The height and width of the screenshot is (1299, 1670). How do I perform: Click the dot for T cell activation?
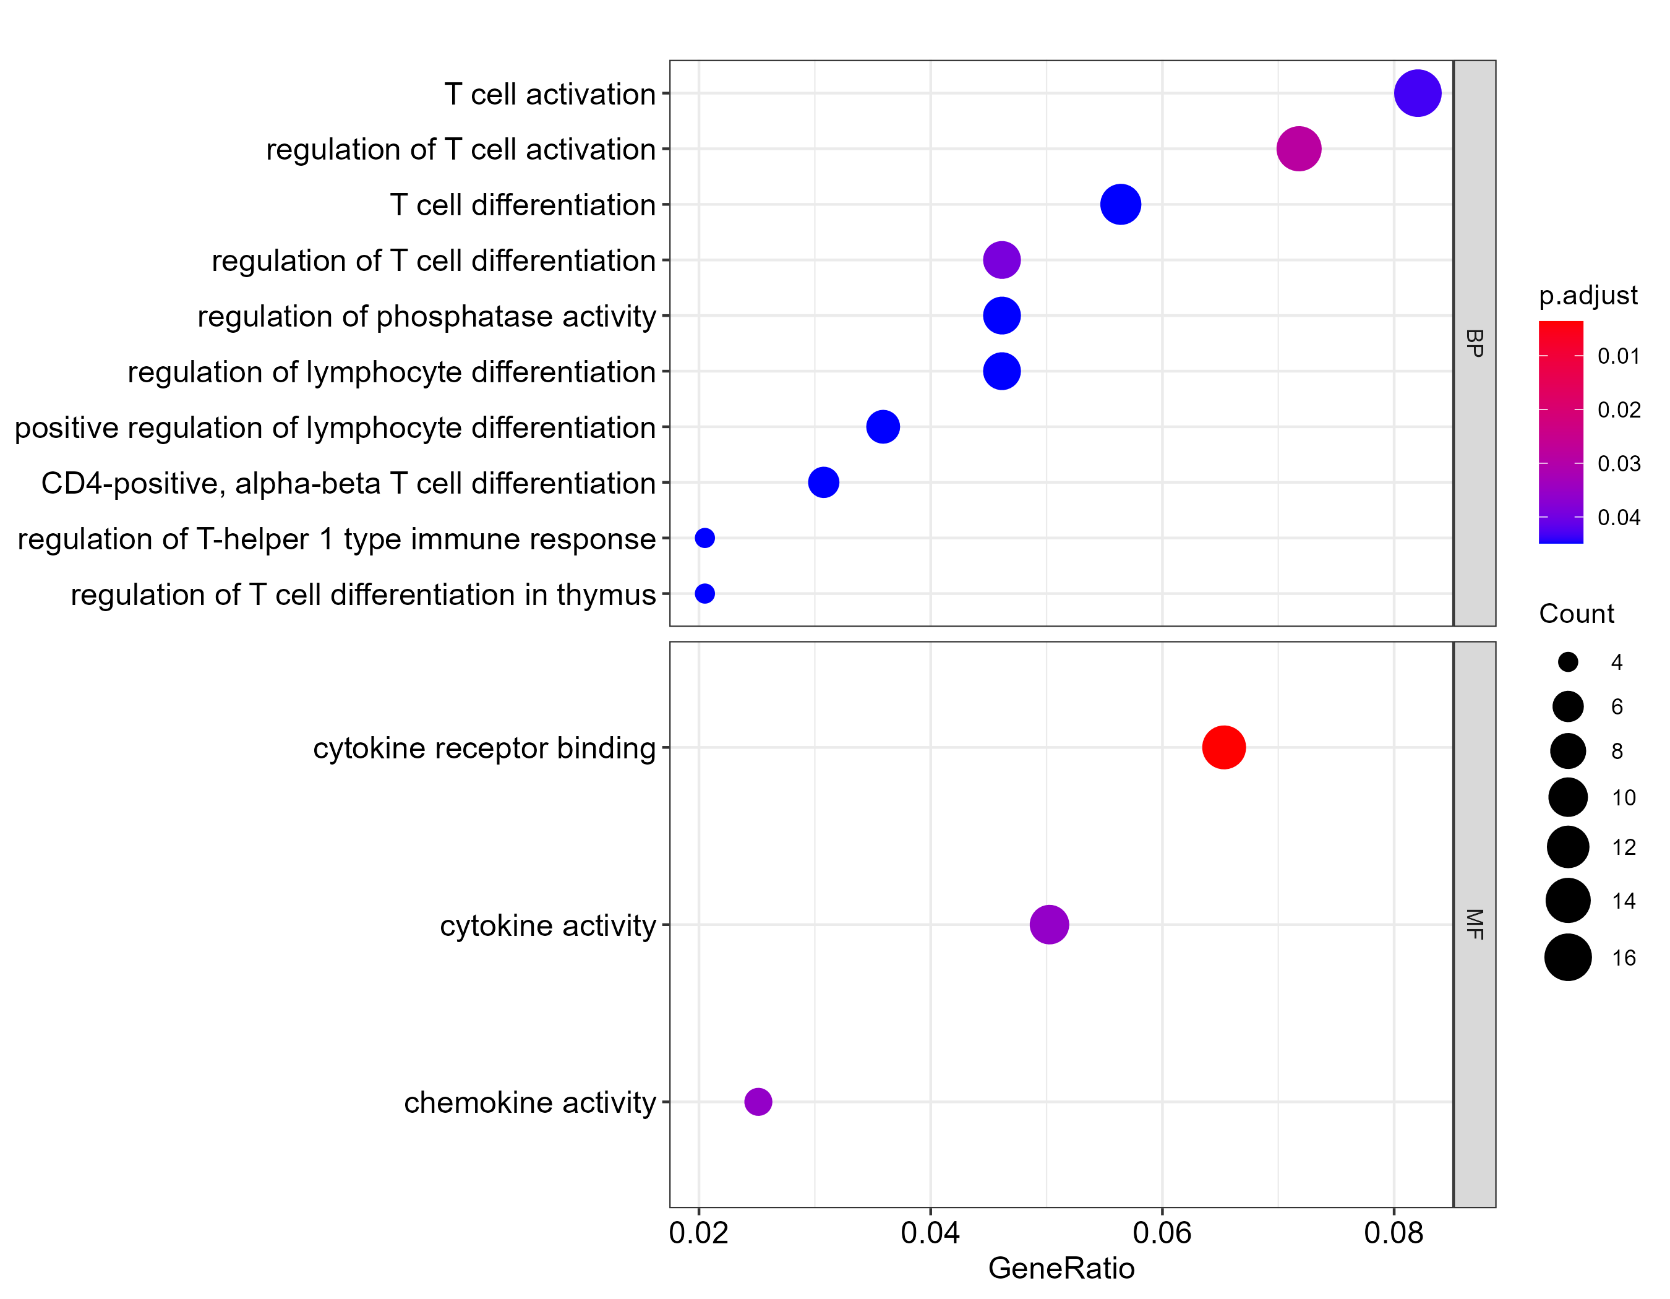(1417, 93)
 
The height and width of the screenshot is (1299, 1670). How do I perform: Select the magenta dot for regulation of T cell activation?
(1298, 149)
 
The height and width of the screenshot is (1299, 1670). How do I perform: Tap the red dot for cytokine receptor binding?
(1223, 747)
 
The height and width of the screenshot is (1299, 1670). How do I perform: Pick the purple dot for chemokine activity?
(758, 1102)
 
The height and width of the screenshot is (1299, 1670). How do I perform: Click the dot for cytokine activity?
(1048, 924)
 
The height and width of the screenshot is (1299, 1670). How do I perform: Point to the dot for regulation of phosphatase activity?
(1001, 315)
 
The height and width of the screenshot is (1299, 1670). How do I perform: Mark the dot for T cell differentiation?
(1120, 204)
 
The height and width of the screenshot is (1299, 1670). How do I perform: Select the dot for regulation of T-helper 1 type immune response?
(704, 538)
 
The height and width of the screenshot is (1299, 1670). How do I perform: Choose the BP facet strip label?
(1475, 343)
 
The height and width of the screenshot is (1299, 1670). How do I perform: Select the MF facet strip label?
(1475, 924)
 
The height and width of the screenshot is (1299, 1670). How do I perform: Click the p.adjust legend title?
(1587, 295)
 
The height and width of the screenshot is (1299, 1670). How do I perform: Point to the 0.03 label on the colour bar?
(1619, 463)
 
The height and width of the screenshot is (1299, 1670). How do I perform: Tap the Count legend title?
(1576, 613)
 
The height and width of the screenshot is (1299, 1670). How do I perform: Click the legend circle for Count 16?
(1567, 957)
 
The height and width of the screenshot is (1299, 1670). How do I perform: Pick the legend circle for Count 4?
(1567, 662)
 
